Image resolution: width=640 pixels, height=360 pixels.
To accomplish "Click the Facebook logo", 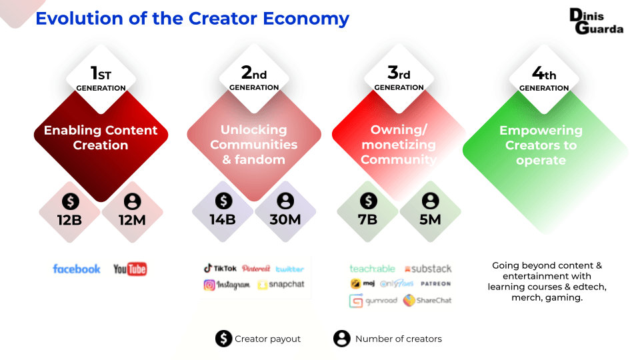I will (x=77, y=269).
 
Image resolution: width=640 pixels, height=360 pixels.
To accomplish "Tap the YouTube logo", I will (x=130, y=269).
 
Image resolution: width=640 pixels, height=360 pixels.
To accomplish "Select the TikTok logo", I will (x=220, y=269).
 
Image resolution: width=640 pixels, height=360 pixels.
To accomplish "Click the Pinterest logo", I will (x=256, y=269).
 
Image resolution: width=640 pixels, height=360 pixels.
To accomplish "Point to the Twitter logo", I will (x=289, y=269).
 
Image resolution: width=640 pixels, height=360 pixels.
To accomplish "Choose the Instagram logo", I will (x=227, y=285).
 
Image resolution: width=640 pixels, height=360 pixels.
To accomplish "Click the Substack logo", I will (x=427, y=269).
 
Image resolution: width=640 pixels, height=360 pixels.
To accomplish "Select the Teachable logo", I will (x=372, y=269).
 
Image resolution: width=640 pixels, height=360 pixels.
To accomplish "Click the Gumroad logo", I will (x=373, y=301).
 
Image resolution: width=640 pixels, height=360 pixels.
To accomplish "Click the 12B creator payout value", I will (x=69, y=219).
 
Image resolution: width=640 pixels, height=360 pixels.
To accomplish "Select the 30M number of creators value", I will (x=285, y=219).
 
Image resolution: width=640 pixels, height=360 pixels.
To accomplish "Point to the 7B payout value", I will (x=367, y=219).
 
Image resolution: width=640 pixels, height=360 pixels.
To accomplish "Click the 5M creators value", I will (x=431, y=219).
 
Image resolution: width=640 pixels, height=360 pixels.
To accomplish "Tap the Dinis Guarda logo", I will (x=596, y=21).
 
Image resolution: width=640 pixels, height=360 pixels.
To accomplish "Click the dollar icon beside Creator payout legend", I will (x=223, y=339).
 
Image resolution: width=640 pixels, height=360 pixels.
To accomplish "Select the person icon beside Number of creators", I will (x=342, y=339).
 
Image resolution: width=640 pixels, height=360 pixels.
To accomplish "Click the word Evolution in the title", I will (x=71, y=18).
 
